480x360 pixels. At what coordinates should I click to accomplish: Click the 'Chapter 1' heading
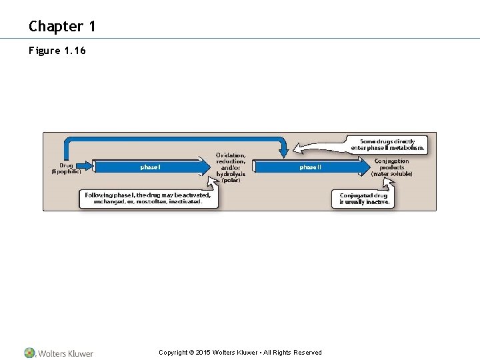pos(62,27)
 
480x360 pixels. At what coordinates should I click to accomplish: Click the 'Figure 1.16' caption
pos(57,51)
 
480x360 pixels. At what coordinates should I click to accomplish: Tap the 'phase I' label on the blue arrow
pos(150,167)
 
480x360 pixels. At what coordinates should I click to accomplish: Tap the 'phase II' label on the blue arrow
pos(310,167)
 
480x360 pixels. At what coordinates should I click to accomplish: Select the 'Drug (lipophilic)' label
pos(67,168)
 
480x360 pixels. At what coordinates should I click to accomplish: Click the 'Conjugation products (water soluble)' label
pos(392,167)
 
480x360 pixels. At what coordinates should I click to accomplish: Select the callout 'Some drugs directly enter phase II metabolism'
pos(387,144)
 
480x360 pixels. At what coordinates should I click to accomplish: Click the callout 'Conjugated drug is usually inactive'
pos(364,199)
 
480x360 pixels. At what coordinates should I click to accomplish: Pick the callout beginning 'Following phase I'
pos(148,198)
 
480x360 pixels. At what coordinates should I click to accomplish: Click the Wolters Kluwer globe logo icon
pos(30,353)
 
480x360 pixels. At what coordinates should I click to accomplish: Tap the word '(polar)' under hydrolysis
pos(231,180)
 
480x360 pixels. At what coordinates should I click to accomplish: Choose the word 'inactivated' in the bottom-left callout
pos(181,201)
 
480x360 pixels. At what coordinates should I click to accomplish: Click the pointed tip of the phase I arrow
pos(207,167)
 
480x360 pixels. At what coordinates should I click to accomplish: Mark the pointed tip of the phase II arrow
pos(369,167)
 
